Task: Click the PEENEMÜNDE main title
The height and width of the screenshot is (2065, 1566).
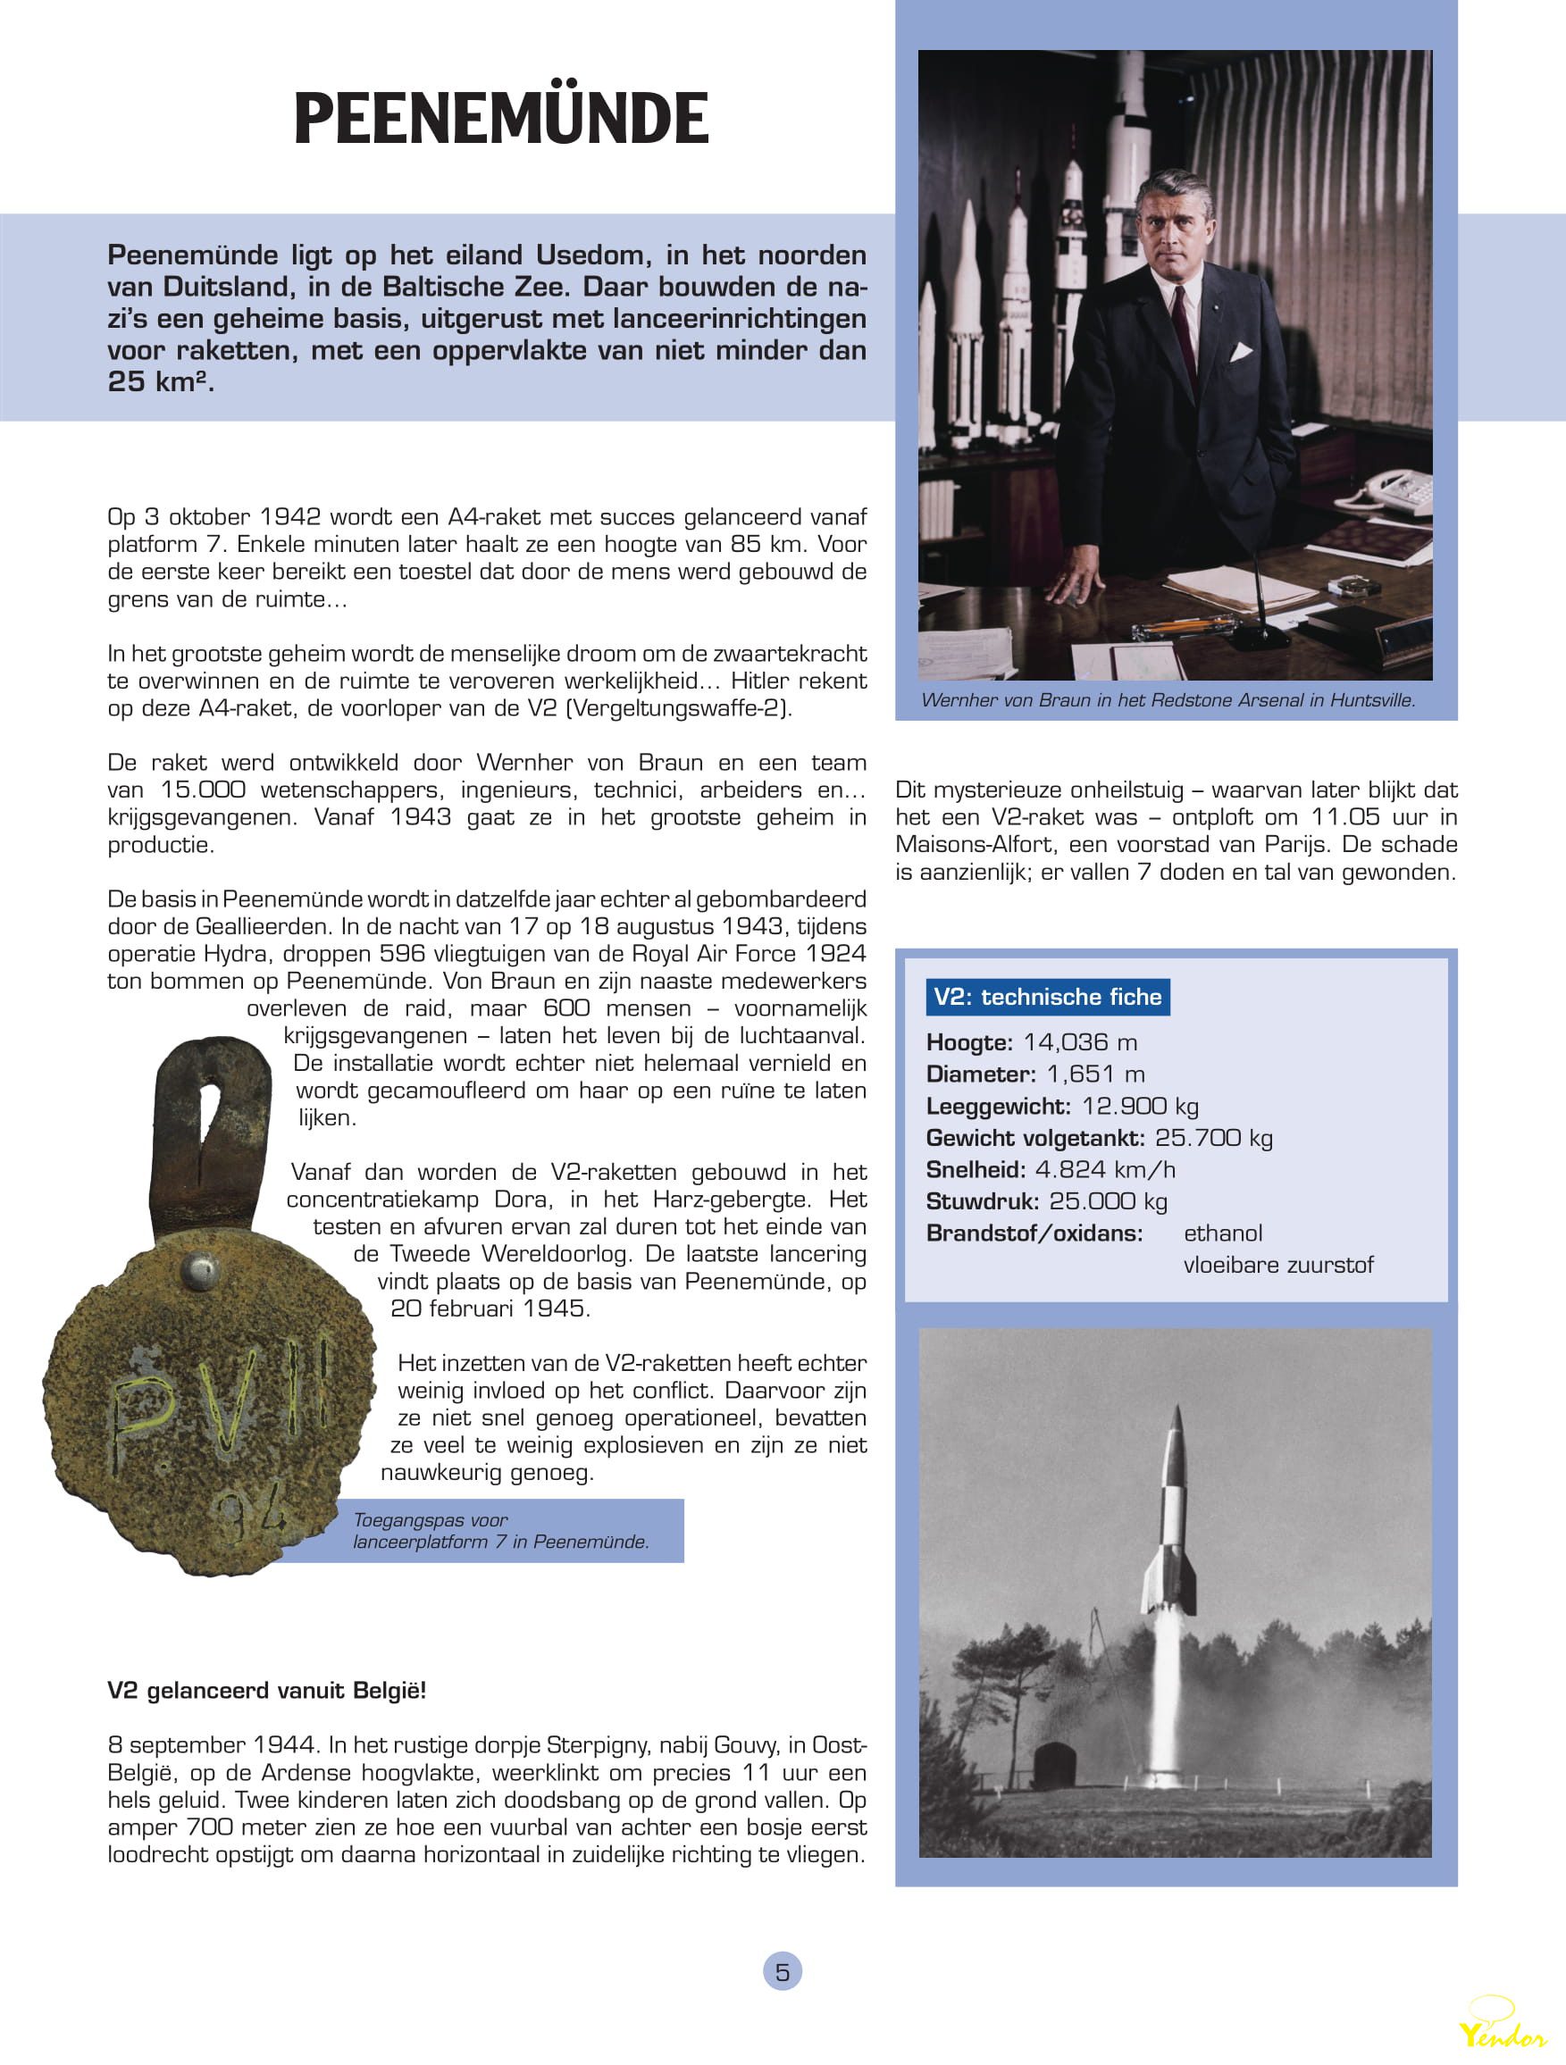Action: [501, 119]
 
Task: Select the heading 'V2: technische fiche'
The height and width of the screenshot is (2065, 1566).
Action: [1047, 997]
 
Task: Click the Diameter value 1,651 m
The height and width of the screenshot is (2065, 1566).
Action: [1095, 1074]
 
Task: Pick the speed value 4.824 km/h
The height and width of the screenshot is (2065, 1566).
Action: [1105, 1169]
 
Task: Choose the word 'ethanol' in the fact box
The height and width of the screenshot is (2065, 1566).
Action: [1222, 1233]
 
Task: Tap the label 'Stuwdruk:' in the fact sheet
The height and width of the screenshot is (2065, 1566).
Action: [983, 1200]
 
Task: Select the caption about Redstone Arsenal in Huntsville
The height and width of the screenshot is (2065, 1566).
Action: [1168, 700]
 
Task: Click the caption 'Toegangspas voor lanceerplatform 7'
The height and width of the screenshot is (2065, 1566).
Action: [500, 1530]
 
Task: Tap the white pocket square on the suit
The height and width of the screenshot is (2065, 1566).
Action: [1240, 352]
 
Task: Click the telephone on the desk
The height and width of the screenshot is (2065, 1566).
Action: [1396, 493]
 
